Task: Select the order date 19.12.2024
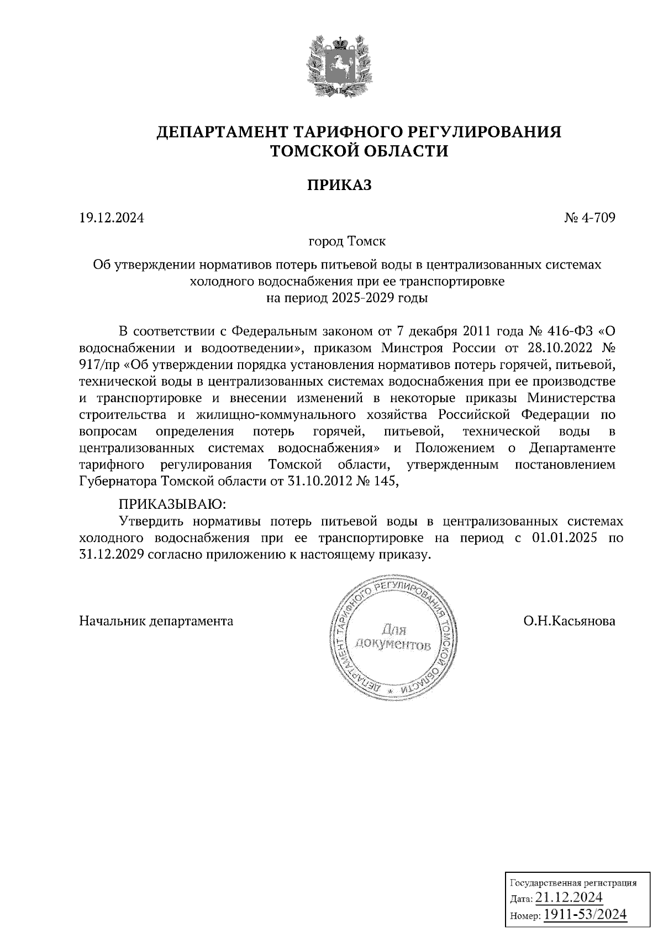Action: coord(112,218)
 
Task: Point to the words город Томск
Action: coord(347,242)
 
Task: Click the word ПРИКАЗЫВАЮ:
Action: coord(173,504)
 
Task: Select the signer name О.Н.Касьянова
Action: coord(570,621)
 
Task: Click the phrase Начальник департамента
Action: coord(156,621)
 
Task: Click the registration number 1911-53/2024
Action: coord(586,914)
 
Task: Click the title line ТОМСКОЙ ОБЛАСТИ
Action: coord(358,151)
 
